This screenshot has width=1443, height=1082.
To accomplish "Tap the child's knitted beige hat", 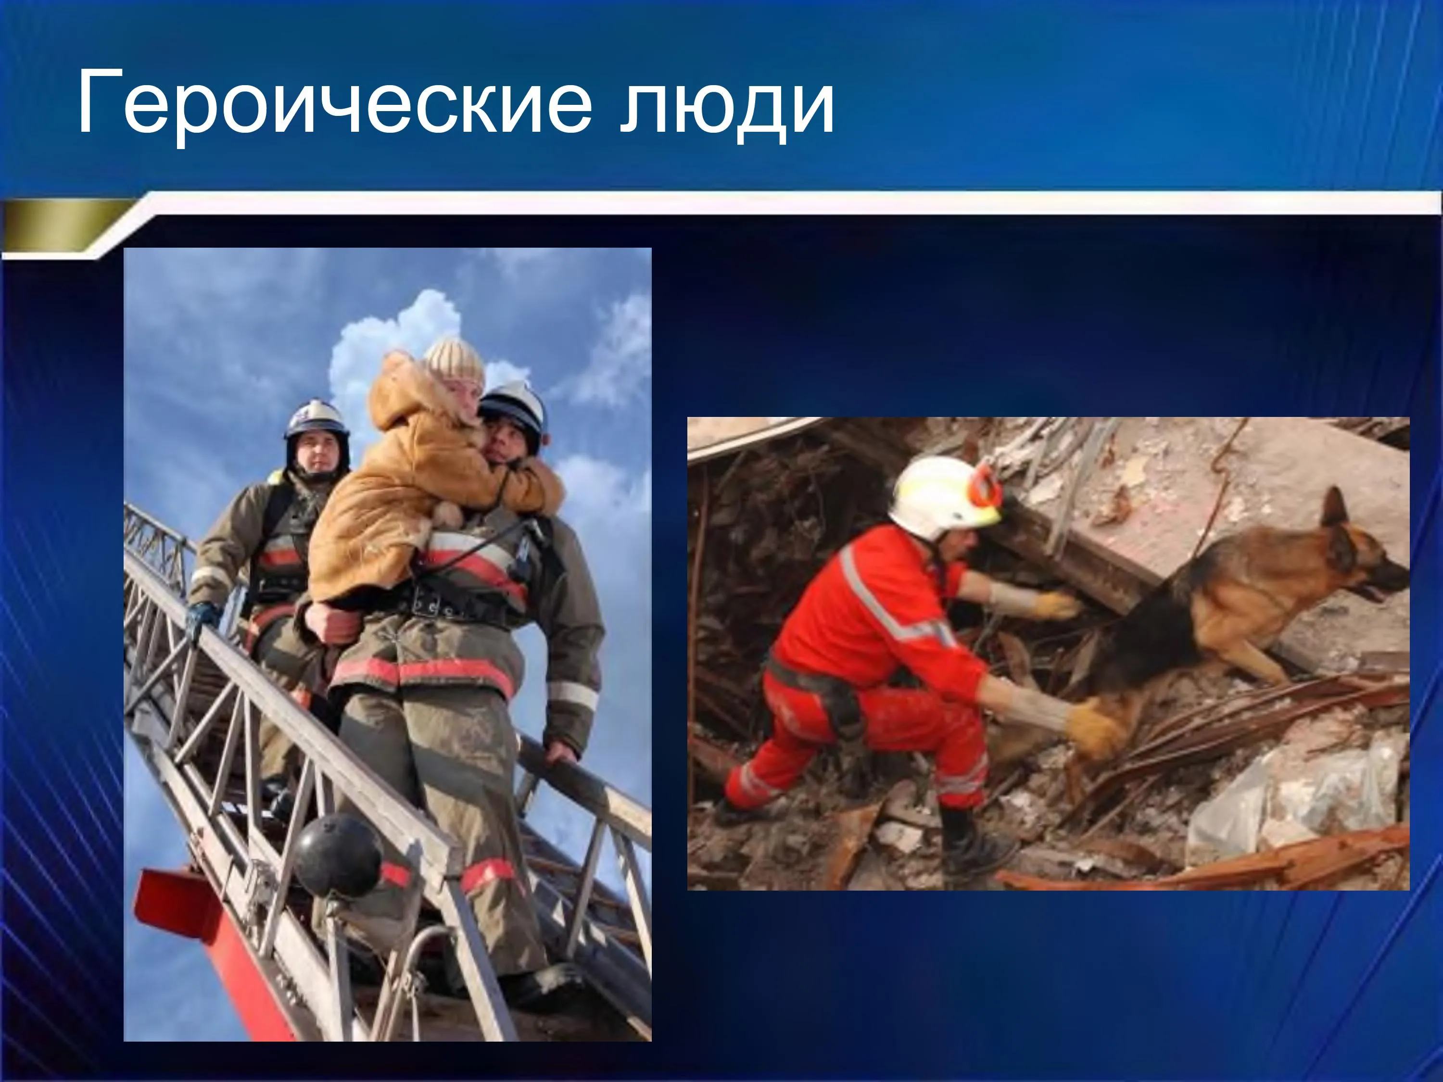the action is coord(455,361).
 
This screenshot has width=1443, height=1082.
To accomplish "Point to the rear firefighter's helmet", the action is coord(316,421).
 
